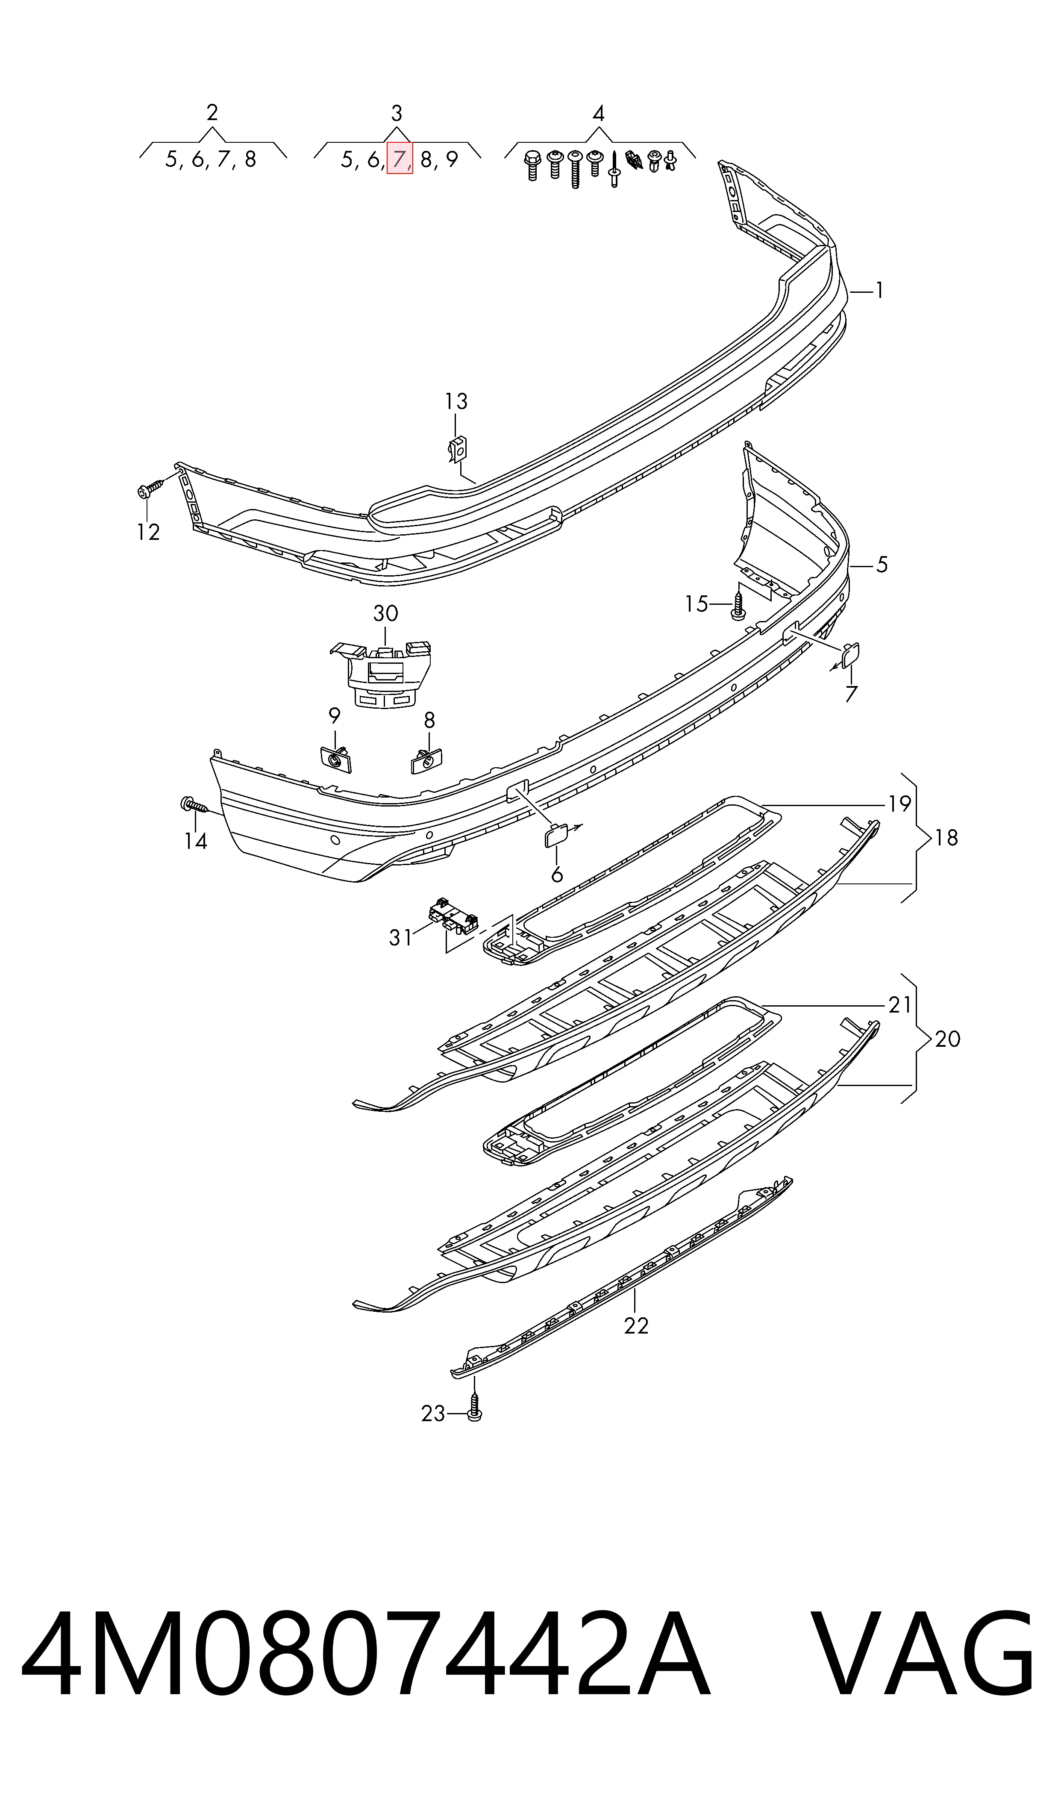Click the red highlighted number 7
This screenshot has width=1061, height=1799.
tap(399, 159)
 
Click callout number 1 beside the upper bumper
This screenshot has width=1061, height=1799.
tap(879, 290)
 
